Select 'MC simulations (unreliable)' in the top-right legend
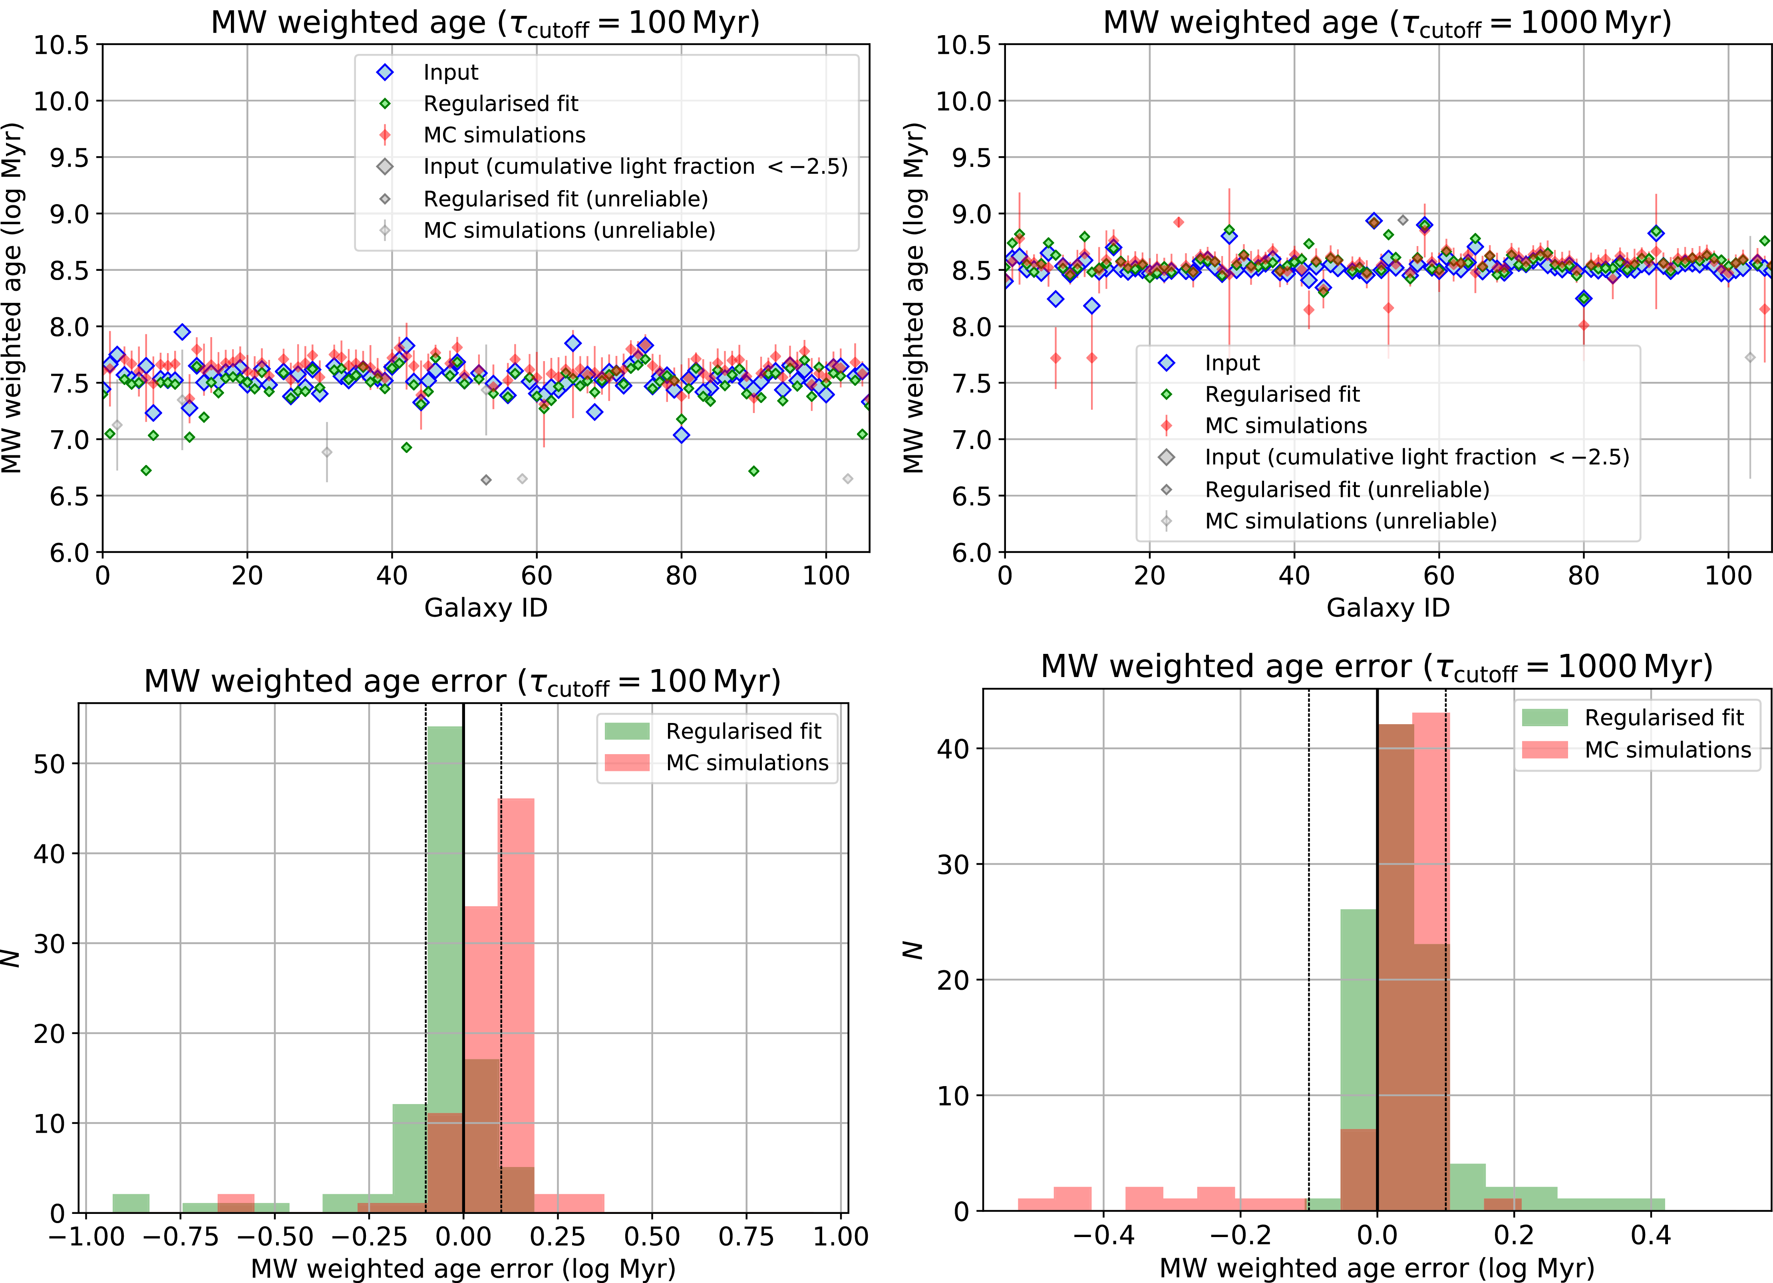[1350, 521]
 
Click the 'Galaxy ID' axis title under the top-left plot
[485, 608]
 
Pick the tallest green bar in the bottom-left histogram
[444, 969]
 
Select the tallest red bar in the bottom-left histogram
[516, 1005]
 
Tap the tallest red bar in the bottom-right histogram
[1430, 962]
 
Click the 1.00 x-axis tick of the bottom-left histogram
[841, 1236]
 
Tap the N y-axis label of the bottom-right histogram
[913, 950]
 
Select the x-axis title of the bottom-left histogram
[463, 1268]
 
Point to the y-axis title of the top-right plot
[913, 297]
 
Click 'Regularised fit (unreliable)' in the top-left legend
[565, 199]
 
